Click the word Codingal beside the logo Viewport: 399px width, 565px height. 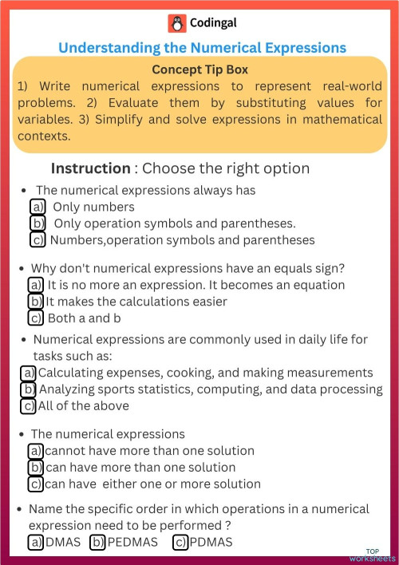[x=213, y=23]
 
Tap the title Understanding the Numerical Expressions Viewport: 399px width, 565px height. [x=202, y=48]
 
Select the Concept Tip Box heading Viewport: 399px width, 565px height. [x=199, y=69]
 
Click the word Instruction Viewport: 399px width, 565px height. [x=90, y=168]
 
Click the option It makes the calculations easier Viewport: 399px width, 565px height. [x=136, y=301]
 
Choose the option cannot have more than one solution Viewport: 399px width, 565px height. [x=149, y=450]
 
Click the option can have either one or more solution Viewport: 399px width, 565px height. [x=152, y=484]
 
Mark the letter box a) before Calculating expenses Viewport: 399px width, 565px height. [x=28, y=373]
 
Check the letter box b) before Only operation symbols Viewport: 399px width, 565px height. [x=38, y=223]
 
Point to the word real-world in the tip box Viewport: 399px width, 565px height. [x=346, y=86]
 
